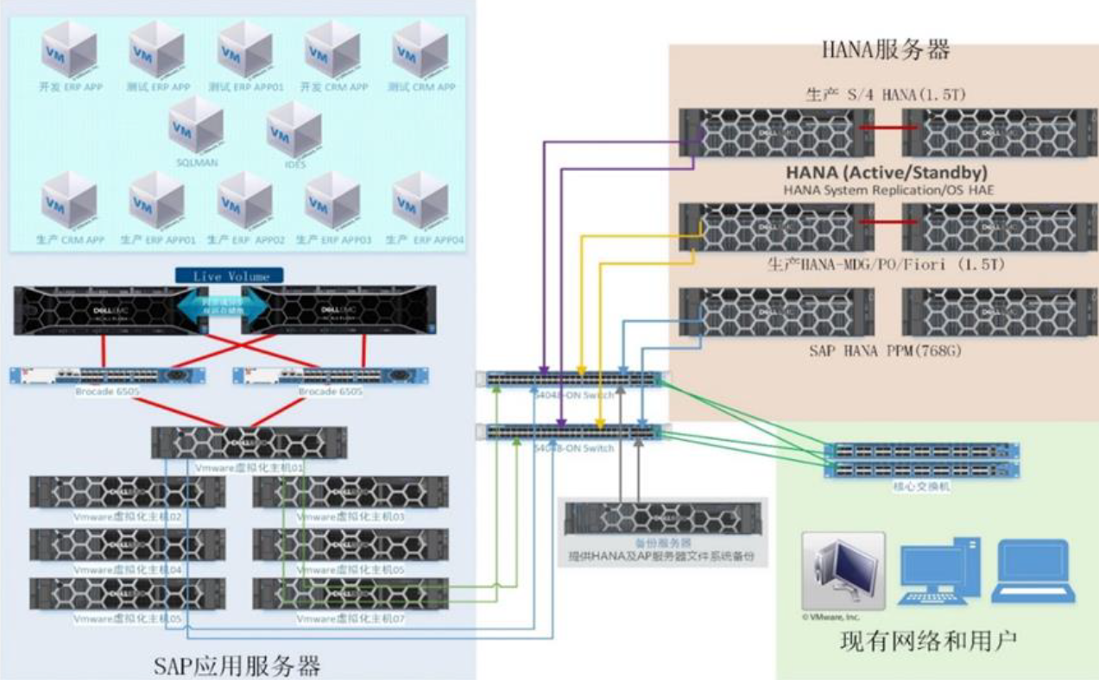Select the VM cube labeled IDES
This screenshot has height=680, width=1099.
pyautogui.click(x=294, y=130)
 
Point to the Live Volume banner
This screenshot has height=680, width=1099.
pyautogui.click(x=231, y=276)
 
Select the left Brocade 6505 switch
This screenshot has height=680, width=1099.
pyautogui.click(x=108, y=376)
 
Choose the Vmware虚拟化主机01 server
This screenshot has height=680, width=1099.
pyautogui.click(x=249, y=443)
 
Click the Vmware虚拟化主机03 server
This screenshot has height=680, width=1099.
pyautogui.click(x=350, y=492)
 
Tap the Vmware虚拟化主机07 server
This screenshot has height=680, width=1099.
pyautogui.click(x=350, y=594)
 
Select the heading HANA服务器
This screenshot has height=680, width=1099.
pyautogui.click(x=886, y=50)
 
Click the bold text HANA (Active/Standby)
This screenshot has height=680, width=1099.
pyautogui.click(x=886, y=173)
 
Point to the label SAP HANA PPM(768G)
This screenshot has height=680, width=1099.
pyautogui.click(x=886, y=351)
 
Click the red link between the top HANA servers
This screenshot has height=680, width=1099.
pyautogui.click(x=883, y=129)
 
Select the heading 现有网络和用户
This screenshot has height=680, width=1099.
pyautogui.click(x=928, y=641)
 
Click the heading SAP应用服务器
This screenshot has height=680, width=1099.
pyautogui.click(x=237, y=664)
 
